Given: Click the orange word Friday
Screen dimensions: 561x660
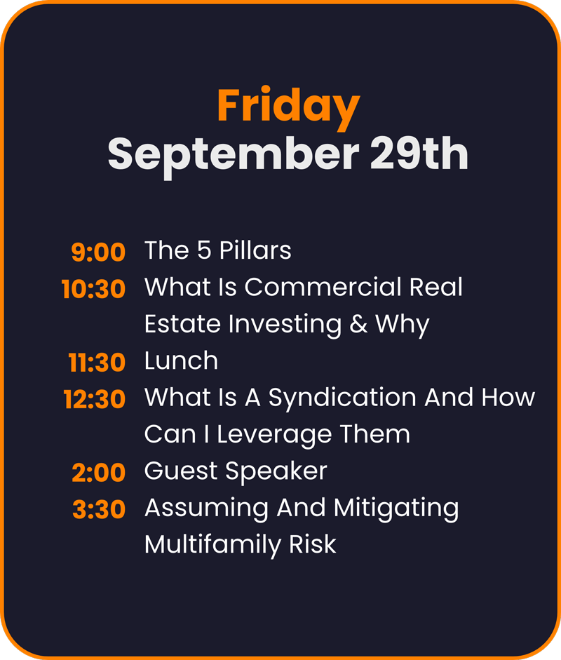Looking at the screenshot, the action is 288,108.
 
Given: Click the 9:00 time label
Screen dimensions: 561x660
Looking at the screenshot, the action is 98,252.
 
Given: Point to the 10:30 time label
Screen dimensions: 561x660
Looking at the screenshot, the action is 93,289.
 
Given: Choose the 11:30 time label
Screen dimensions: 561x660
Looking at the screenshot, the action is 97,363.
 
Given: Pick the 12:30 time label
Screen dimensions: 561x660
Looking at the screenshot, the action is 94,399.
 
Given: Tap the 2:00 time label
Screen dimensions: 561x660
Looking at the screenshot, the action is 98,472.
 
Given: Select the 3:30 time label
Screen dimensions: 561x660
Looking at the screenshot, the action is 99,509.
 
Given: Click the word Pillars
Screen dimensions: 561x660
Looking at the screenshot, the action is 255,250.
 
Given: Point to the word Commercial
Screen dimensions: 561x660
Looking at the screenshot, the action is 323,287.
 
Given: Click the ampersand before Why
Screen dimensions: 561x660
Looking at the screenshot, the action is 358,324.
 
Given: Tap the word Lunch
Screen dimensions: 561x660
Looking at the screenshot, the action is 182,361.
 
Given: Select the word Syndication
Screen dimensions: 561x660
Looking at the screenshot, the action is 343,399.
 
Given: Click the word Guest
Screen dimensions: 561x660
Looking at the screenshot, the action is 181,471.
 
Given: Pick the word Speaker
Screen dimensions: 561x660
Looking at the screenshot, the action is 276,472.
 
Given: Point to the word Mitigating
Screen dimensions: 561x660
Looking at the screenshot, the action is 396,509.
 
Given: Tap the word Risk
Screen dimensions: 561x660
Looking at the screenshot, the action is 313,544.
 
